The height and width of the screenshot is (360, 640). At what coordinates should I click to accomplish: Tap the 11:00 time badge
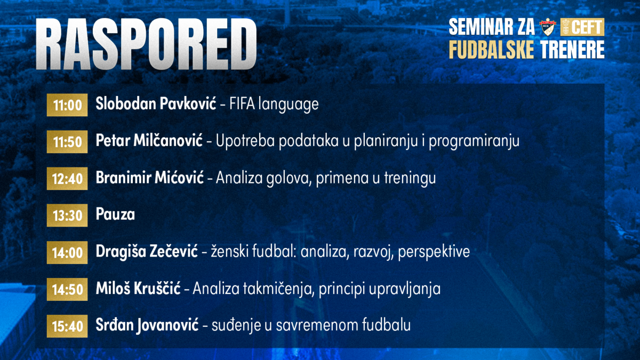click(67, 105)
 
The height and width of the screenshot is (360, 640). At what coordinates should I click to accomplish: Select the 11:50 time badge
click(67, 142)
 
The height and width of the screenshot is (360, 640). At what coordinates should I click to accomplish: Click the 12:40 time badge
click(67, 179)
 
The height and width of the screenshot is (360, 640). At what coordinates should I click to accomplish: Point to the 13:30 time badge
click(67, 215)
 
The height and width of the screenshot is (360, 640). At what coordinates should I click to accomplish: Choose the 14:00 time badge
click(67, 252)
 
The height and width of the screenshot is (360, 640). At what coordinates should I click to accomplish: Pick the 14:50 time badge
click(67, 289)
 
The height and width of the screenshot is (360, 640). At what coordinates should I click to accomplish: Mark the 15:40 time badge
click(67, 325)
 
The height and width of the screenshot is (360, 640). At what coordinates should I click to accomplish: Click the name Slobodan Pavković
click(155, 104)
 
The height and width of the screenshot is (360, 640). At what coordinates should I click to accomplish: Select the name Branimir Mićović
click(150, 178)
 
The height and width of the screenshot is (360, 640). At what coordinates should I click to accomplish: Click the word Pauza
click(115, 214)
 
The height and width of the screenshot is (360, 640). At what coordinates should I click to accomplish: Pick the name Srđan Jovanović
click(147, 324)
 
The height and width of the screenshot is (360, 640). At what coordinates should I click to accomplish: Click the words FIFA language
click(274, 104)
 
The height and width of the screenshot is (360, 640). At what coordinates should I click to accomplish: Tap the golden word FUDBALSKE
click(491, 50)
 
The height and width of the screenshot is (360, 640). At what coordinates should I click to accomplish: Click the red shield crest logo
click(547, 26)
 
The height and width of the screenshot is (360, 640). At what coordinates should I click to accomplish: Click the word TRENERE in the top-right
click(572, 50)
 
